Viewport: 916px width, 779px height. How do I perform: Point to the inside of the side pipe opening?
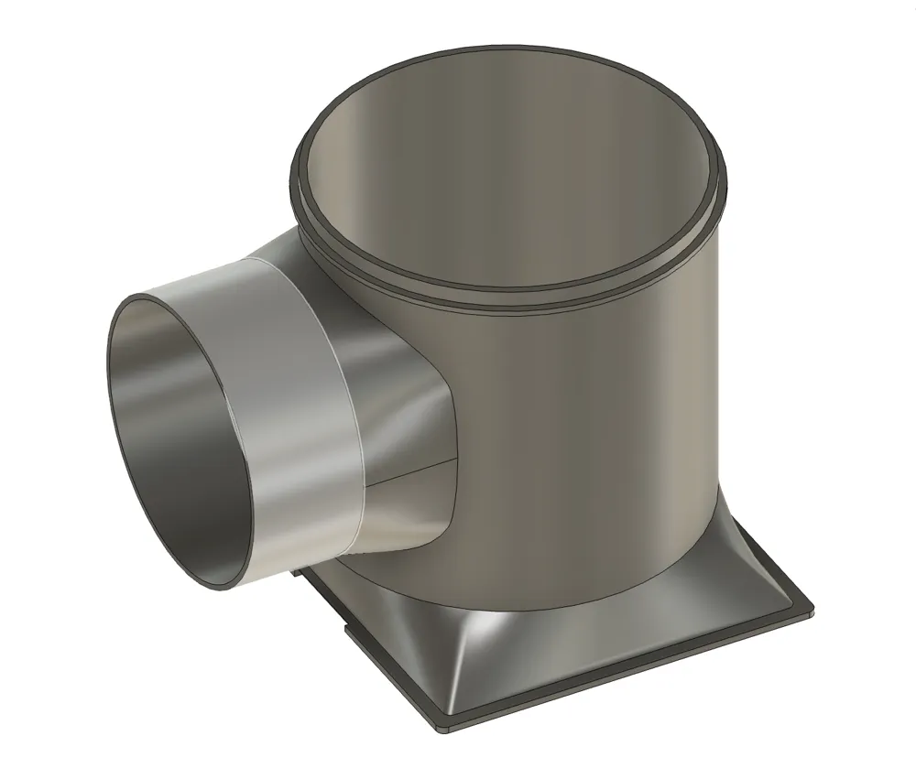(174, 430)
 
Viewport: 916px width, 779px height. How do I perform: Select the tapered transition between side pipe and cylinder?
(403, 384)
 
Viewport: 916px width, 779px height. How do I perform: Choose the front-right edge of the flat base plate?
(632, 668)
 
